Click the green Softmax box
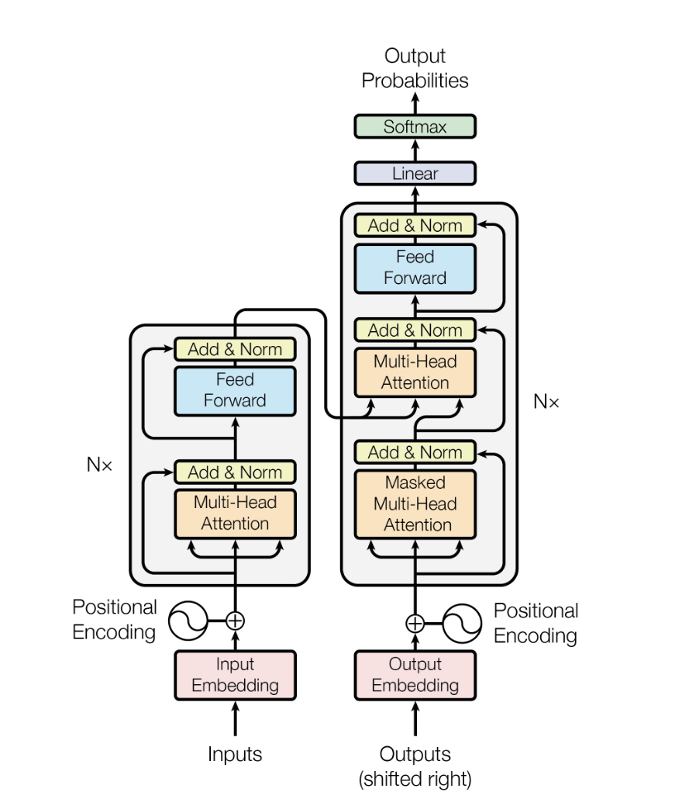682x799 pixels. tap(415, 126)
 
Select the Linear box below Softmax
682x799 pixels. tap(415, 174)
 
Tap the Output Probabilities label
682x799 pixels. tap(415, 68)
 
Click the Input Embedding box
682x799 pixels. tap(235, 675)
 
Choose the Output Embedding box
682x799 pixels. tap(415, 675)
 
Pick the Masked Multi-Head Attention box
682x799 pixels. tap(415, 503)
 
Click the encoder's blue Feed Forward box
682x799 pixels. tap(235, 390)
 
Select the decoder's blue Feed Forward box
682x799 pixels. tap(415, 268)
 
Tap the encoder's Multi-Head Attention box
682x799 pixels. tap(235, 513)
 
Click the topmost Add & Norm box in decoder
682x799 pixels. tap(415, 226)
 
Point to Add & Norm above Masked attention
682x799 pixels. tap(415, 452)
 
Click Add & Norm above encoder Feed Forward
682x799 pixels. tap(235, 349)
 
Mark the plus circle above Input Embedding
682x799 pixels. tap(235, 621)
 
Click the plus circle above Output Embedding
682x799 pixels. tap(415, 622)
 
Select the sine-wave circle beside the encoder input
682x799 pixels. tap(188, 621)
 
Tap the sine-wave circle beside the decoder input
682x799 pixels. tap(462, 622)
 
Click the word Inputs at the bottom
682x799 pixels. tap(235, 754)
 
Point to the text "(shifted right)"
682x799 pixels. tap(415, 779)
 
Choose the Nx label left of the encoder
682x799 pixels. tap(99, 465)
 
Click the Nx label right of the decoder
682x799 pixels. tap(546, 402)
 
